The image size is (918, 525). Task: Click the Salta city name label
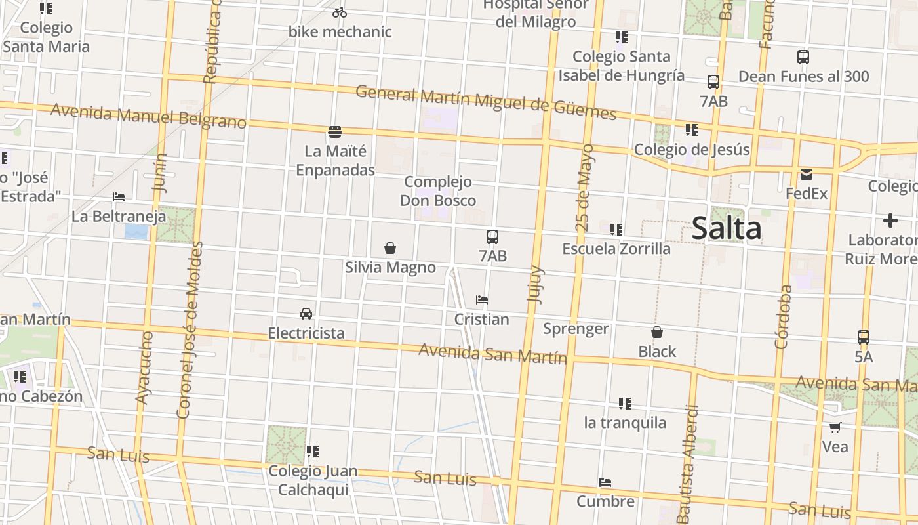pyautogui.click(x=727, y=228)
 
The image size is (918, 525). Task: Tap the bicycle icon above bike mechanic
pyautogui.click(x=340, y=12)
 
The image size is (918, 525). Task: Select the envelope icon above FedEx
pyautogui.click(x=806, y=175)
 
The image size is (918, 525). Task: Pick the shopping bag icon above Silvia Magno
pyautogui.click(x=390, y=248)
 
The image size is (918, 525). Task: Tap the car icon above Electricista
pyautogui.click(x=306, y=314)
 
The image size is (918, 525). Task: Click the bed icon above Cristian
pyautogui.click(x=482, y=300)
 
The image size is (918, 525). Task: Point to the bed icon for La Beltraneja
pyautogui.click(x=119, y=197)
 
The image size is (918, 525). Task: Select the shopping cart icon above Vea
pyautogui.click(x=835, y=428)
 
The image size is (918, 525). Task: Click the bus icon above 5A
pyautogui.click(x=864, y=337)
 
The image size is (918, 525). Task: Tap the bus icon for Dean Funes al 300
pyautogui.click(x=803, y=57)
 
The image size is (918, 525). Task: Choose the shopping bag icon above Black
pyautogui.click(x=657, y=333)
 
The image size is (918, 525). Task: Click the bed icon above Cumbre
pyautogui.click(x=605, y=482)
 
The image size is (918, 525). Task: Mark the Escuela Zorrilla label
pyautogui.click(x=616, y=249)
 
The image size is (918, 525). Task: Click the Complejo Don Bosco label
pyautogui.click(x=438, y=191)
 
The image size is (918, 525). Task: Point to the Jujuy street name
pyautogui.click(x=536, y=283)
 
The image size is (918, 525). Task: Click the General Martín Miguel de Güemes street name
pyautogui.click(x=486, y=102)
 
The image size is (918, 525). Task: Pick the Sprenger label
pyautogui.click(x=576, y=329)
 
